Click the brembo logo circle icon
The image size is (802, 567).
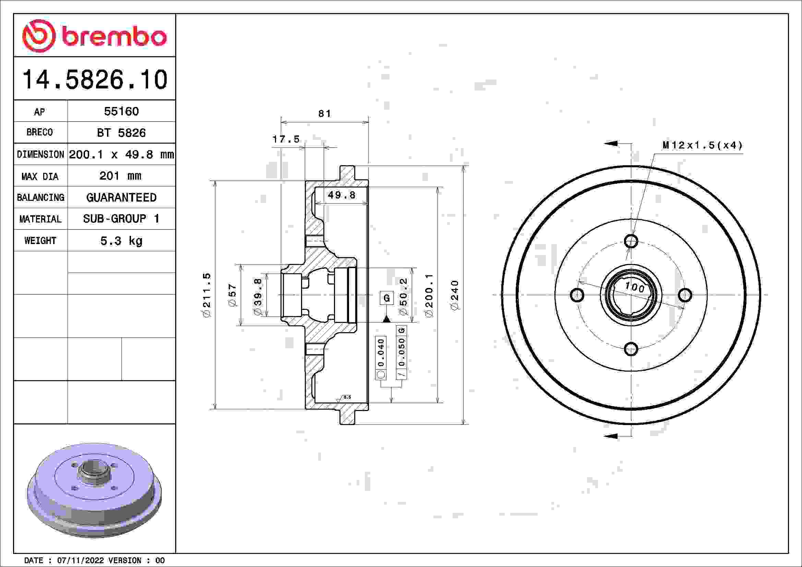coord(39,36)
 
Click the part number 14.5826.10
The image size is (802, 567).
coord(95,80)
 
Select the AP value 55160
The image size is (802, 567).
coord(121,111)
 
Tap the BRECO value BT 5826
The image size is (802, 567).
coord(121,133)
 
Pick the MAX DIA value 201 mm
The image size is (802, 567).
coord(120,176)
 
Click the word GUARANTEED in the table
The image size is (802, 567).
coord(121,197)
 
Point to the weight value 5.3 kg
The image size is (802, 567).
coord(121,241)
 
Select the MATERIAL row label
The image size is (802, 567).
coord(40,219)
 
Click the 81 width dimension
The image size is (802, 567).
coord(324,113)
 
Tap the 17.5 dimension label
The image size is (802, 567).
coord(286,139)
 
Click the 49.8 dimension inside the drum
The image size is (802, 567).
coord(341,195)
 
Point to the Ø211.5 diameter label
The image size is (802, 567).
coord(207,295)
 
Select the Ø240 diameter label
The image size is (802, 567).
coord(454,295)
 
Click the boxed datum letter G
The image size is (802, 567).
coord(387,298)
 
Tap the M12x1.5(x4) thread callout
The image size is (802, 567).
coord(702,145)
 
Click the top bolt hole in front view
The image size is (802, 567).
coord(631,241)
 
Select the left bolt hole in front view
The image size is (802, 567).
coord(577,295)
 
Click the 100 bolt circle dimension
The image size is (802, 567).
coord(634,287)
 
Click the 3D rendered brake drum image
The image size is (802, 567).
coord(94,490)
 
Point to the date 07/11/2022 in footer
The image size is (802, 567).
coord(80,560)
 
